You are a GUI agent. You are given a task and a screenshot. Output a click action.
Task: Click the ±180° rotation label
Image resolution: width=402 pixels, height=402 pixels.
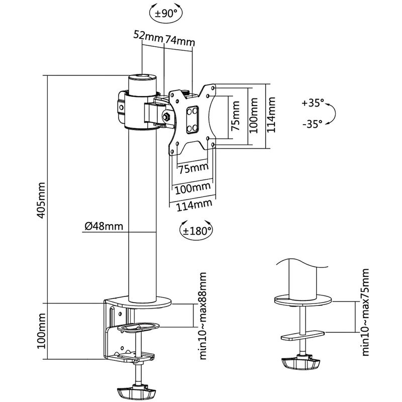[x=195, y=231]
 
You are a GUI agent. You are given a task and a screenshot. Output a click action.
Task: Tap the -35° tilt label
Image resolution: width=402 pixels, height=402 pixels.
[x=313, y=124]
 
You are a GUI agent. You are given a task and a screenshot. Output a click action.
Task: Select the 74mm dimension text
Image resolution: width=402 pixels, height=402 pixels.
[x=179, y=41]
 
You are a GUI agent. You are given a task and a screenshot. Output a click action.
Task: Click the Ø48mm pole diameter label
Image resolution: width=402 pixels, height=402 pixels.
[x=104, y=226]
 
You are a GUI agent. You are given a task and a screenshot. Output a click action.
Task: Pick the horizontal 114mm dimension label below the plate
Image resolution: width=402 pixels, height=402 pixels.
[x=191, y=205]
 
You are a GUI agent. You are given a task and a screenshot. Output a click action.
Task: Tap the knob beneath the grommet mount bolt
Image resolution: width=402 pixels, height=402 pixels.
[x=301, y=363]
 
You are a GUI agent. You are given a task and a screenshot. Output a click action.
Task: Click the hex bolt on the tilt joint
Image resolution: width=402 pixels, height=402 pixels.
[x=166, y=117]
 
